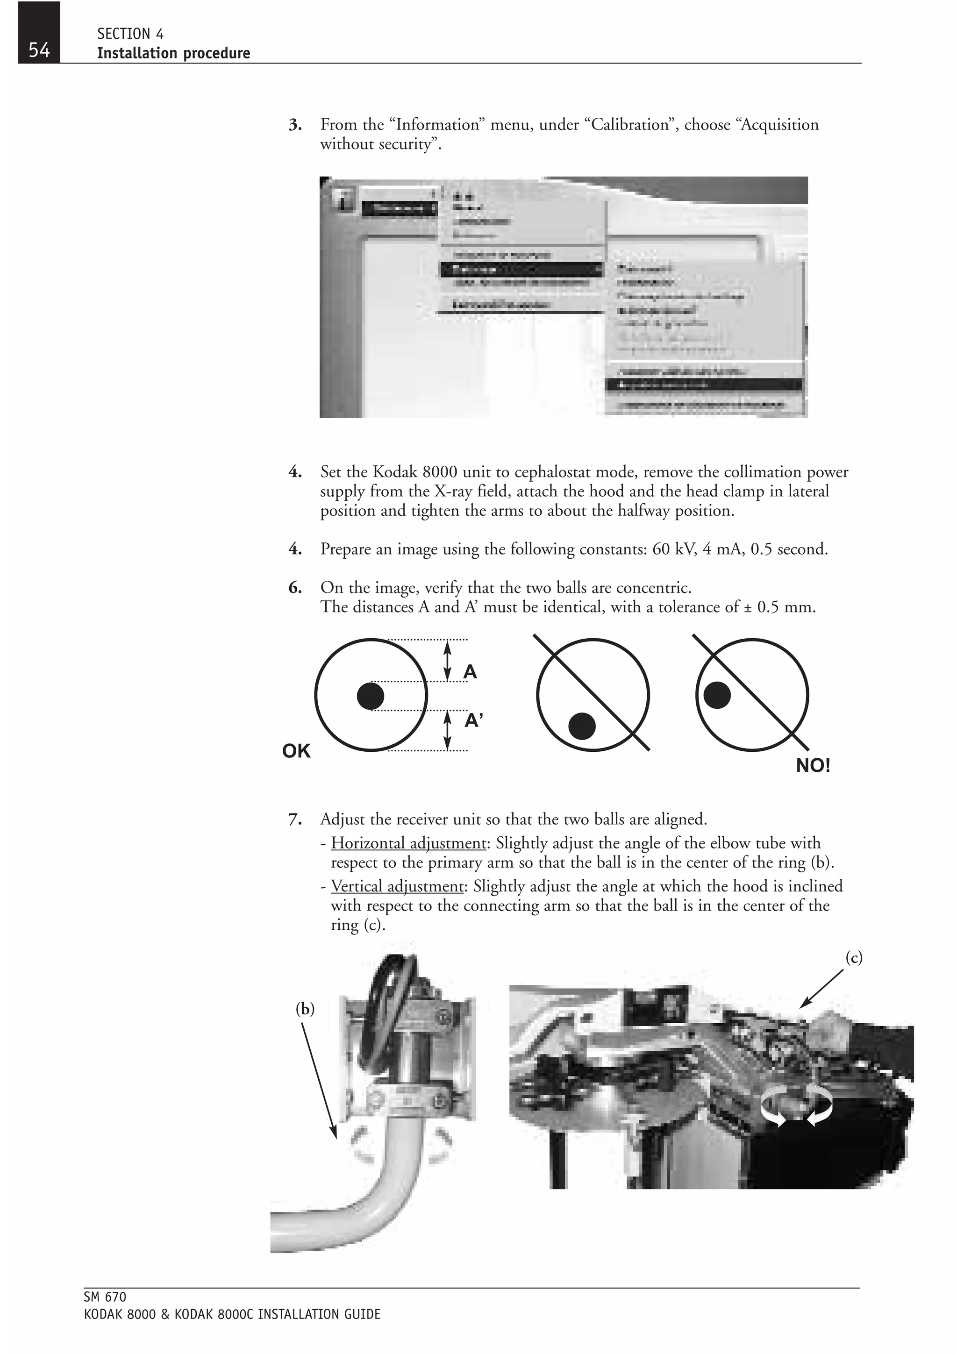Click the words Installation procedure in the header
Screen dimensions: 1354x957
(x=173, y=53)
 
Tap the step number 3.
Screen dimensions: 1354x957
(x=295, y=125)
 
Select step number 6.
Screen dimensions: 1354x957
(x=295, y=587)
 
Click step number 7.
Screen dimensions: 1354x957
(x=295, y=819)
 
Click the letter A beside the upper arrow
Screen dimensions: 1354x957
(x=470, y=672)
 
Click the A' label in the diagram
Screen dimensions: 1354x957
(x=473, y=720)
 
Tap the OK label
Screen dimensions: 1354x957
(x=296, y=751)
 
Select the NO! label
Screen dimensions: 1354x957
(x=813, y=766)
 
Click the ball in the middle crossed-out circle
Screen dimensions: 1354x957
(x=582, y=725)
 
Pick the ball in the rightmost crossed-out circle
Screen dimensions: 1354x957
(x=717, y=695)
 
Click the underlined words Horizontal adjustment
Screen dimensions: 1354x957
(x=408, y=843)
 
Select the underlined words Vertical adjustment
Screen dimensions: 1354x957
(x=397, y=886)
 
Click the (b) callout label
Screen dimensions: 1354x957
(x=305, y=1009)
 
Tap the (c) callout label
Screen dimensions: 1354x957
(x=854, y=958)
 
